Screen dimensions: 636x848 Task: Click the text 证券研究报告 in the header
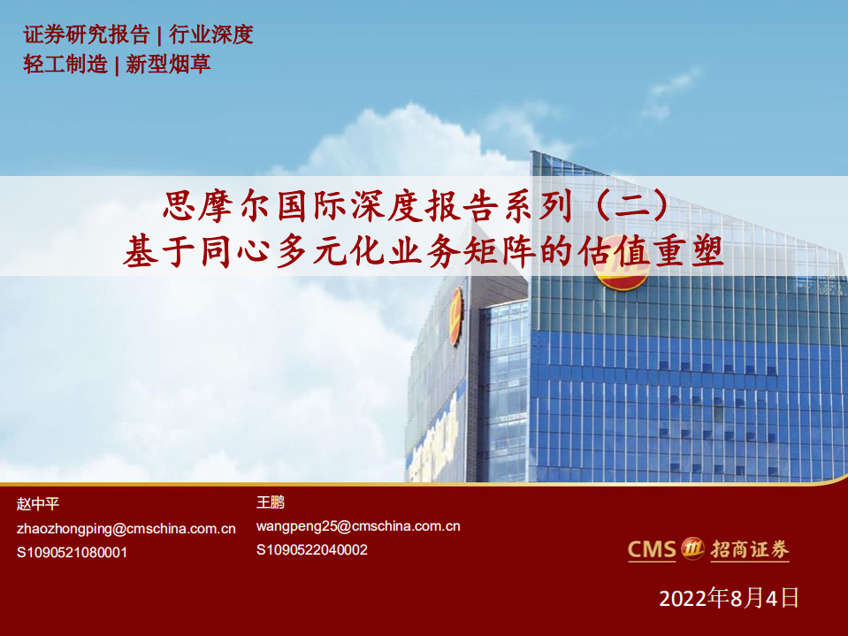coord(86,34)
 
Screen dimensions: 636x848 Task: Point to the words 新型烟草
coord(168,64)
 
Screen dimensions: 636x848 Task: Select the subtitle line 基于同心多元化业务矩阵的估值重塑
coord(424,252)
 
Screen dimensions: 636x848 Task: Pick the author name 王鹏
coord(271,502)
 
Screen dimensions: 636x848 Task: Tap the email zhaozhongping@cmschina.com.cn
coord(126,528)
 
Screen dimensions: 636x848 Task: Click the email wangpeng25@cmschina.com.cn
coord(358,525)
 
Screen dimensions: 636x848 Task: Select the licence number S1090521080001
coord(73,552)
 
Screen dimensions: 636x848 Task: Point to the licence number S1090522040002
coord(312,549)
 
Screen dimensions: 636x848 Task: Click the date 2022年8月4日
coord(729,598)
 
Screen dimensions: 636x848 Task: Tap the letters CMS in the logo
coord(652,549)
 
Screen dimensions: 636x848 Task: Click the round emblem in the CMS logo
coord(692,549)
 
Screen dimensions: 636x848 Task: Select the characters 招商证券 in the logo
coord(749,549)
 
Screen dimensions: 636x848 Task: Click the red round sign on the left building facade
coord(456,316)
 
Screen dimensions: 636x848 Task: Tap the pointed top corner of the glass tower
coord(532,153)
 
